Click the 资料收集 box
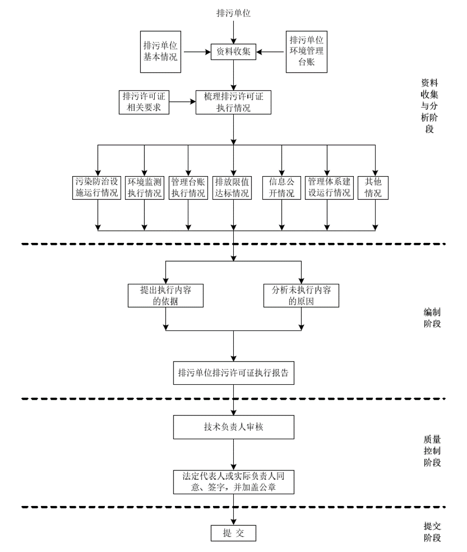point(233,51)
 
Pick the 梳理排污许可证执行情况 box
point(234,101)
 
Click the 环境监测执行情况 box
point(144,187)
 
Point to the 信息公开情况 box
point(281,187)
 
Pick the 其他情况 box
point(373,187)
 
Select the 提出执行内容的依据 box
point(166,296)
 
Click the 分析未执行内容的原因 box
point(302,296)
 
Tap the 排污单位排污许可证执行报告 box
point(233,373)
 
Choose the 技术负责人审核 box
point(233,426)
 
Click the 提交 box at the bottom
point(233,533)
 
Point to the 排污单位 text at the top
point(233,13)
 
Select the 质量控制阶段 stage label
point(432,451)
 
